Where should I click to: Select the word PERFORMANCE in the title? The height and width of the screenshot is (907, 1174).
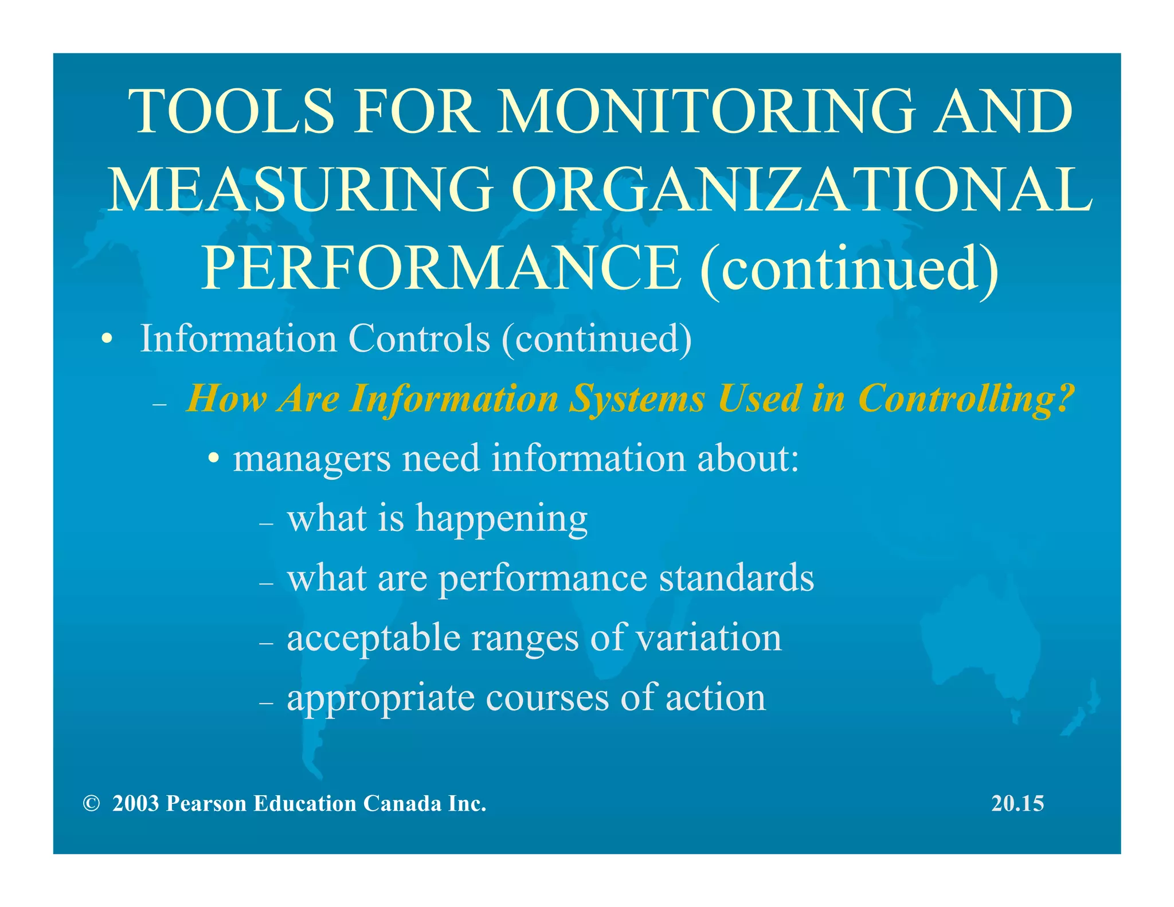[x=441, y=268]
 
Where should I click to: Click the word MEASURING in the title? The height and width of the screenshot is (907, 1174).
[x=300, y=189]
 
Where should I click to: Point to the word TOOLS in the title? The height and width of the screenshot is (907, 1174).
[x=232, y=111]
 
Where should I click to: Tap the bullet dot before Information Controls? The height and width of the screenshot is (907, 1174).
[x=106, y=339]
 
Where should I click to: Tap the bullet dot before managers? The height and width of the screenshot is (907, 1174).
[x=214, y=459]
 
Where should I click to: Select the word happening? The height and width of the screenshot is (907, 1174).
[x=502, y=518]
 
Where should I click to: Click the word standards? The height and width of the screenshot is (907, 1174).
[x=736, y=577]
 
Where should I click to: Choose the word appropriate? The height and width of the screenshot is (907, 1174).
[x=381, y=698]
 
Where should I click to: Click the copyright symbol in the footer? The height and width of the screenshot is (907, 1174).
[x=91, y=803]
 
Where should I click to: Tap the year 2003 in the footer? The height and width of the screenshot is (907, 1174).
[x=135, y=803]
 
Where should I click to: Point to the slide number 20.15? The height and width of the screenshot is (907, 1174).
[x=1018, y=803]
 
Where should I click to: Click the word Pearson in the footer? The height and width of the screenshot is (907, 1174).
[x=206, y=803]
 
